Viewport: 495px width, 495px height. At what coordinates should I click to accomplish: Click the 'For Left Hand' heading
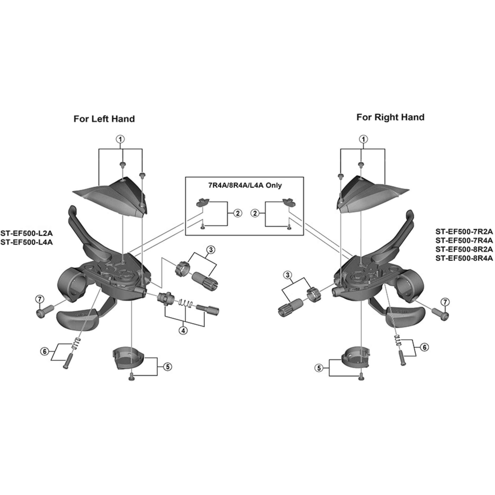coord(104,119)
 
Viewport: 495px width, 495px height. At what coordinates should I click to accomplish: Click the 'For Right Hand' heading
coord(391,117)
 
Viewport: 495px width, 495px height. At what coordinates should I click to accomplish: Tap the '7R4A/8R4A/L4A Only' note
coord(245,185)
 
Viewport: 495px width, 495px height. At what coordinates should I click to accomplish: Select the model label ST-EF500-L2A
coord(27,233)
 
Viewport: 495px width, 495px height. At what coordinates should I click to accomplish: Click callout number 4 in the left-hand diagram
coord(183,330)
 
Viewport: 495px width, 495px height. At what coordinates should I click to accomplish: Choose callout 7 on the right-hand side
coord(445,302)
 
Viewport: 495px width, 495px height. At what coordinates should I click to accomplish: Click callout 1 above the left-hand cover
coord(120,139)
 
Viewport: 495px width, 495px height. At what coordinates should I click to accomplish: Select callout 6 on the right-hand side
coord(424,347)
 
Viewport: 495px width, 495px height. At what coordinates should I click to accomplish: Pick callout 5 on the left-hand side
coord(168,367)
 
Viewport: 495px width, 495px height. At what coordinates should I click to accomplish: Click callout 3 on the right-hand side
coord(287,275)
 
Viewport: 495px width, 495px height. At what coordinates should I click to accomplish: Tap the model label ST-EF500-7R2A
coord(464,232)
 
